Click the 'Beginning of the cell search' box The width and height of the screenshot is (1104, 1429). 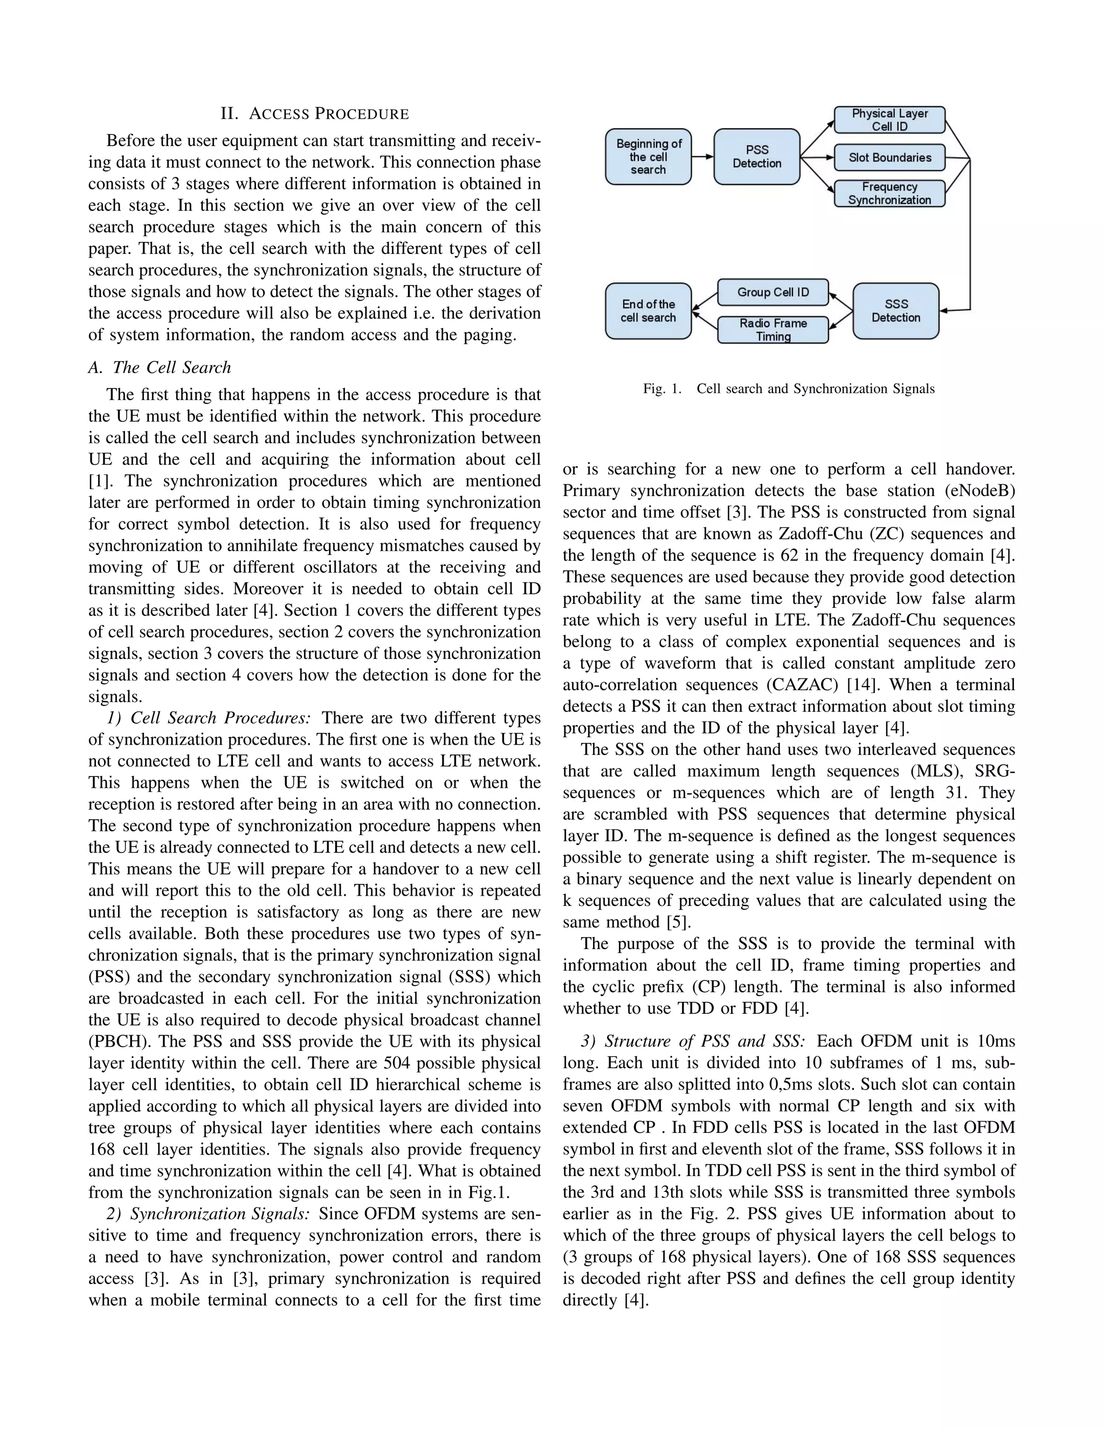[x=648, y=157]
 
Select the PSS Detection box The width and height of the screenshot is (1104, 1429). [x=757, y=157]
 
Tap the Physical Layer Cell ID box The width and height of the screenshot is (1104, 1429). [x=889, y=120]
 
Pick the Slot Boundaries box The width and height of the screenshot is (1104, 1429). [x=889, y=157]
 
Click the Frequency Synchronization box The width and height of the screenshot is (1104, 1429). [x=889, y=194]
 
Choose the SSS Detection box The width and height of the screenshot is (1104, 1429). [x=895, y=311]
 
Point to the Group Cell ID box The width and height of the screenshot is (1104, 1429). [x=773, y=292]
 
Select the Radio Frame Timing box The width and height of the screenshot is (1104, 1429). [x=773, y=330]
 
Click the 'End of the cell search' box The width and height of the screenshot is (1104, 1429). [x=648, y=311]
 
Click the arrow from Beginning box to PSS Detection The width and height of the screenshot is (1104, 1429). [x=702, y=157]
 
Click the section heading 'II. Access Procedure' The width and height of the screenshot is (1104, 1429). [x=315, y=114]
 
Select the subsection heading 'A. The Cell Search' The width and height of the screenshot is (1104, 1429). [x=160, y=368]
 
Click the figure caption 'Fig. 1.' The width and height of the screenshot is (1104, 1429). [x=662, y=389]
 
